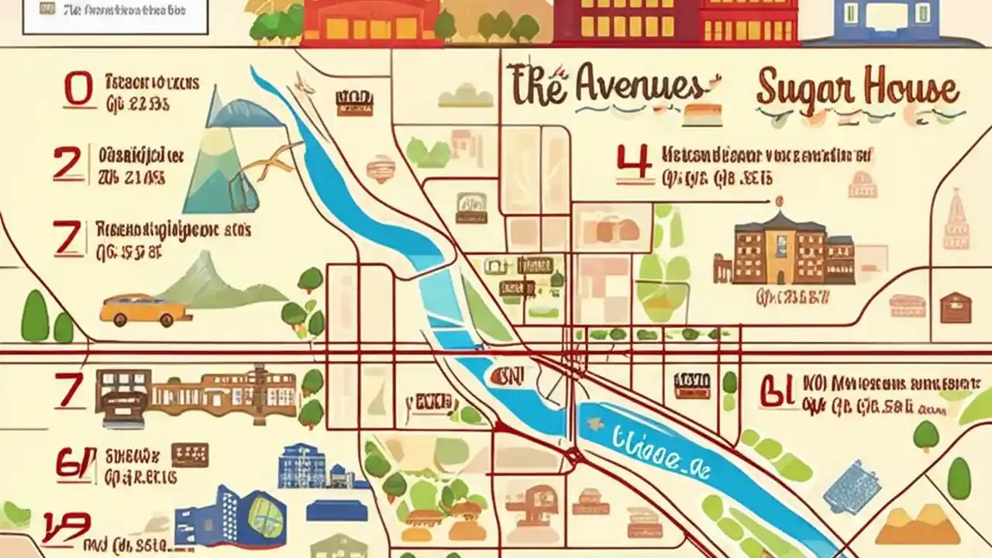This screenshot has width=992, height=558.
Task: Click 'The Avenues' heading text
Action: (606, 87)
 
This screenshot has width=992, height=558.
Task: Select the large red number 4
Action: (632, 165)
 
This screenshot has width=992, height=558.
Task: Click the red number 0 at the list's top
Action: (78, 90)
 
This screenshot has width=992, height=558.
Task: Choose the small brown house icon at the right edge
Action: (955, 307)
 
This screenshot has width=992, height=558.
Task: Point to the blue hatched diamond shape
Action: (851, 487)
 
